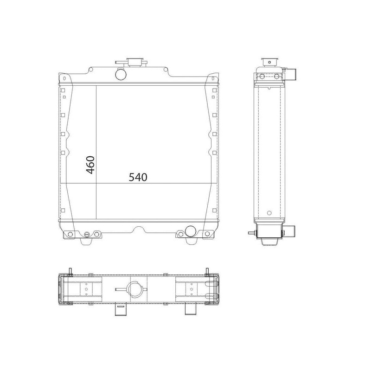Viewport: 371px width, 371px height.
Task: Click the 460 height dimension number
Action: [x=90, y=165]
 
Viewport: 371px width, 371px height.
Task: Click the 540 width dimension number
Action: [x=138, y=177]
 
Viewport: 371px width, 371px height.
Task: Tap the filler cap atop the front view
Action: [x=135, y=62]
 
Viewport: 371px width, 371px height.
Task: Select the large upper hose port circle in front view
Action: [x=121, y=74]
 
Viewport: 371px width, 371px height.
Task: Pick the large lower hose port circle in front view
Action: [x=191, y=231]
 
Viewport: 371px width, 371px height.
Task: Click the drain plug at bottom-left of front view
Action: [x=87, y=235]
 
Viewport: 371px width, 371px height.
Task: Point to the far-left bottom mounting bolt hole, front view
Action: [x=70, y=234]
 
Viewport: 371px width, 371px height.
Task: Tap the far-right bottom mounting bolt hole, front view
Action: [x=207, y=234]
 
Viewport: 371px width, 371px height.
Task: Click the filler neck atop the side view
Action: [x=269, y=62]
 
